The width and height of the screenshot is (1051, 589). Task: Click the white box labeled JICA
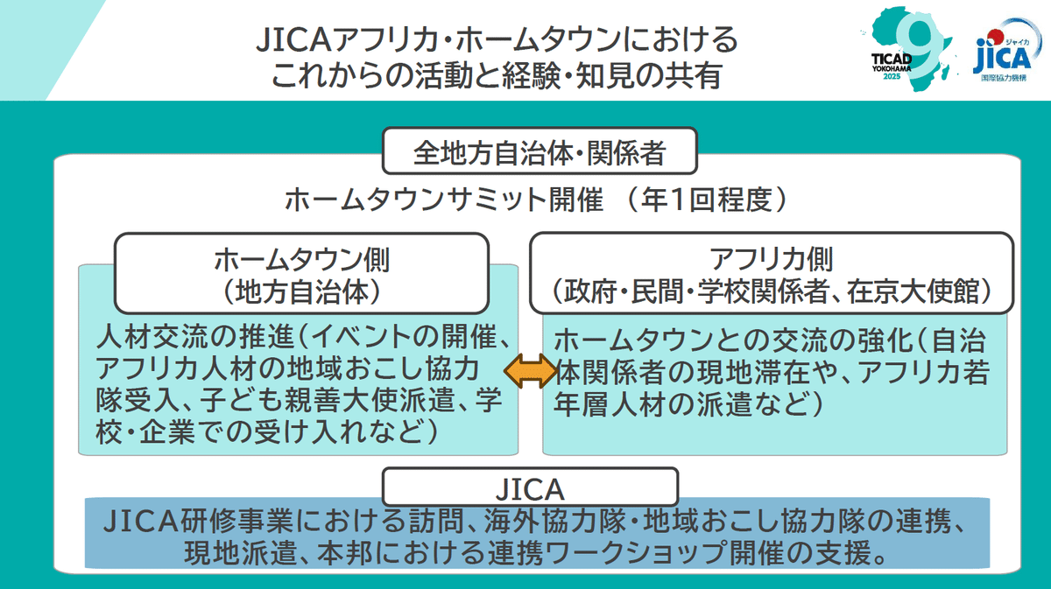[530, 486]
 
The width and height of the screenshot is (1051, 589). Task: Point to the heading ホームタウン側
[302, 259]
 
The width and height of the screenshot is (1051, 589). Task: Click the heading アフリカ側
[772, 259]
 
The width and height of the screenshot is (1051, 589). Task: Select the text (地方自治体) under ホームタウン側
[302, 291]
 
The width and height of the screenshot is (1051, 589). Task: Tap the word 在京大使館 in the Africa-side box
[929, 291]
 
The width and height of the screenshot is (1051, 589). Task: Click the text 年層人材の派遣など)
[688, 403]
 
